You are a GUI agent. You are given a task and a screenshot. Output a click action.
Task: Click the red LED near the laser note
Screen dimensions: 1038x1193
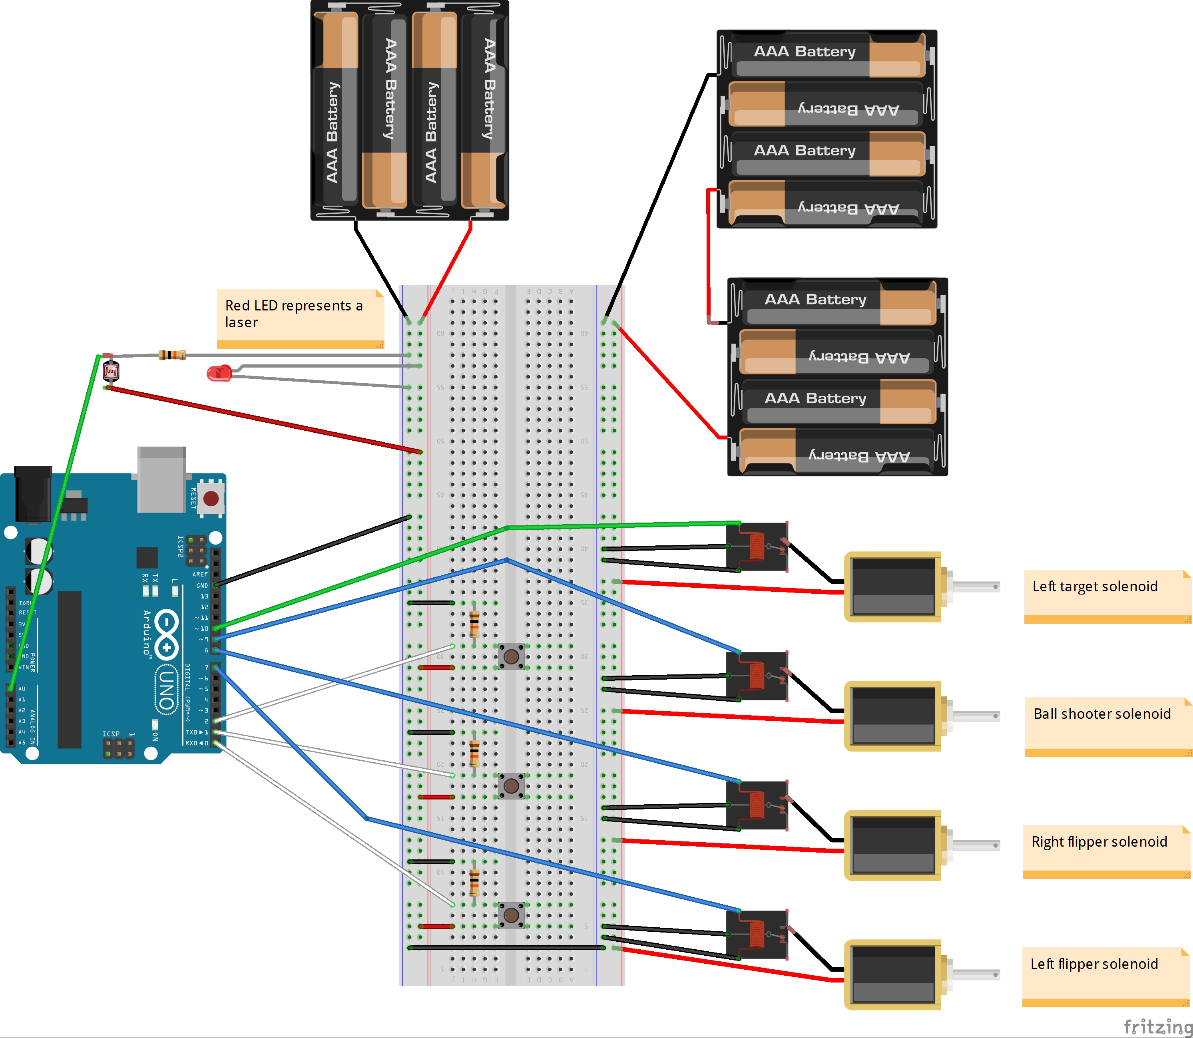[219, 373]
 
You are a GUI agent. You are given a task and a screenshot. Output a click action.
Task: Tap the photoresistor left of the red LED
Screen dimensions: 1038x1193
[111, 371]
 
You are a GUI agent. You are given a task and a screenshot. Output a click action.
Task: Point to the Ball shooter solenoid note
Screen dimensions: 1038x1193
[1107, 725]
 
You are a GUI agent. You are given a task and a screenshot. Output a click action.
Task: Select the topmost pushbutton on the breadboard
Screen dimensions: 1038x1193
[511, 656]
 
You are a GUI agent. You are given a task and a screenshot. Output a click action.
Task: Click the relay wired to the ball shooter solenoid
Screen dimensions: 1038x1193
[757, 675]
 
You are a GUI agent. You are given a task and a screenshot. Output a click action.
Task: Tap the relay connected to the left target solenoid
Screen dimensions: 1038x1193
[757, 546]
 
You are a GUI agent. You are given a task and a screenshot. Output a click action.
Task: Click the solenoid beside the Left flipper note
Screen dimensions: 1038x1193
[893, 974]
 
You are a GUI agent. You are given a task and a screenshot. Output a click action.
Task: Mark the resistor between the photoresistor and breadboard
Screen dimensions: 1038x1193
[172, 354]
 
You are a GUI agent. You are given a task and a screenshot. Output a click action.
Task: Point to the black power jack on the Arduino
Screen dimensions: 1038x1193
[33, 493]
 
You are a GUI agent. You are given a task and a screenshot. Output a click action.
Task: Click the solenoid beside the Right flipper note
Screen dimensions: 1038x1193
[893, 845]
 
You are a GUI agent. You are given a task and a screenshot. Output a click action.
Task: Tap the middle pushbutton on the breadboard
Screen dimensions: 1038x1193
[511, 785]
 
